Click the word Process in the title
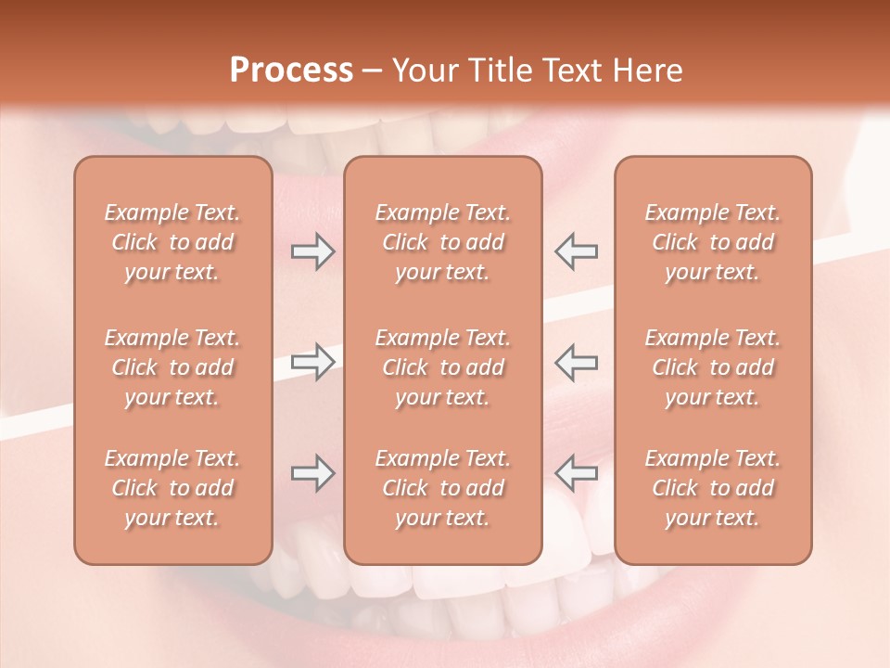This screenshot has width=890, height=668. (x=291, y=71)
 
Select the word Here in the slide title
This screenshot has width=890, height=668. (x=648, y=71)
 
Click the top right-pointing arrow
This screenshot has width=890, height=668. (x=312, y=251)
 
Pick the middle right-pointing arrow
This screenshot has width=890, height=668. (x=312, y=362)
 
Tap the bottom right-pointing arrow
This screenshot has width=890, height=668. (x=312, y=473)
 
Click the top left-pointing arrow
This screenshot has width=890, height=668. (x=577, y=251)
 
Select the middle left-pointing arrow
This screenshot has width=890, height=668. (x=577, y=362)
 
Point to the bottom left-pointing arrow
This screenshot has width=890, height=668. (x=577, y=473)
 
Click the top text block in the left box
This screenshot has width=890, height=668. (x=172, y=242)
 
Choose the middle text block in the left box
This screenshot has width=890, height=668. (x=172, y=367)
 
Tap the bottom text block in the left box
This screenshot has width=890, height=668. (x=172, y=488)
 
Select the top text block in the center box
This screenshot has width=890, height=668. (x=443, y=242)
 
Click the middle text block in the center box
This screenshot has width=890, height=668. (x=443, y=367)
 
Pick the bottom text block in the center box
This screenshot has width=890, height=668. (x=443, y=488)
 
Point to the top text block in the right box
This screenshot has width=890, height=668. (x=713, y=242)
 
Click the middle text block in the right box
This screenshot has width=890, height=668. (x=713, y=367)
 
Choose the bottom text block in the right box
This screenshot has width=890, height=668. (x=713, y=488)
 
